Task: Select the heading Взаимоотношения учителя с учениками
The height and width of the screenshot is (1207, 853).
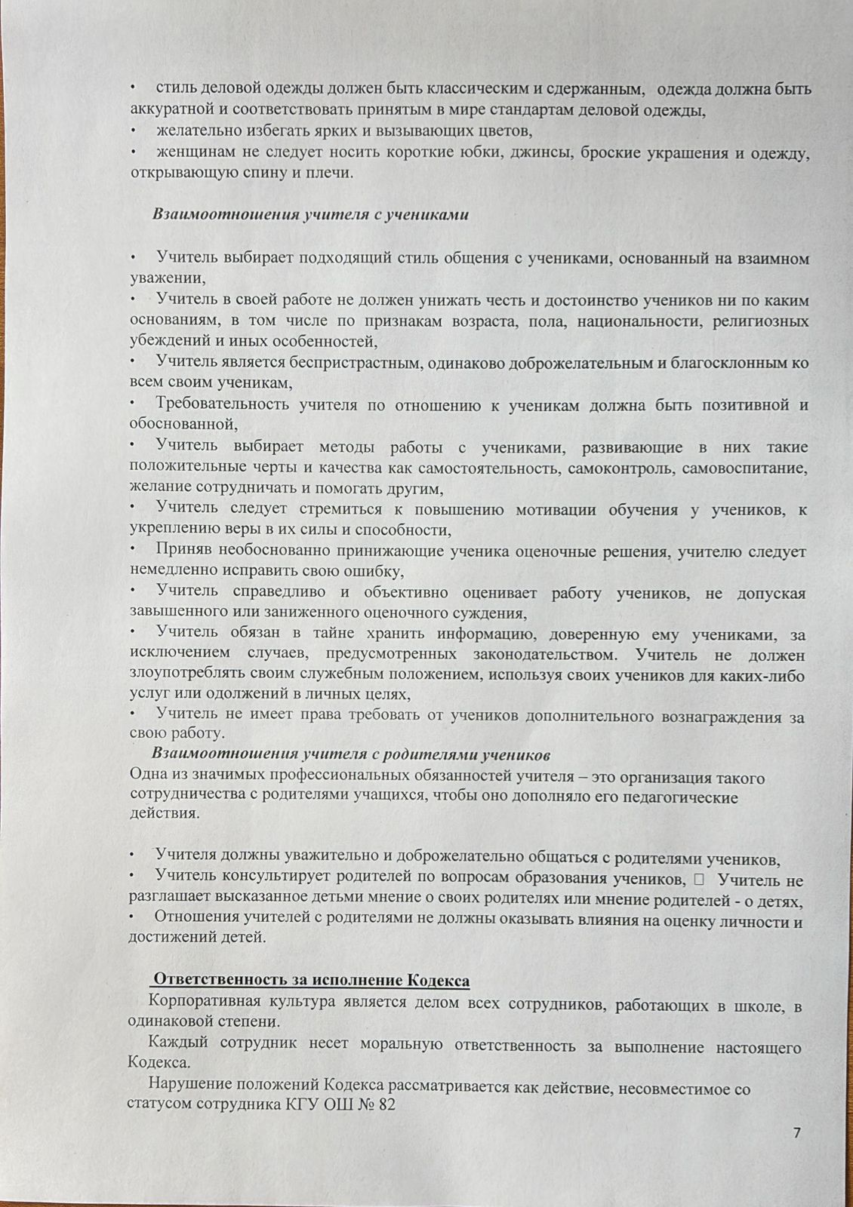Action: point(310,214)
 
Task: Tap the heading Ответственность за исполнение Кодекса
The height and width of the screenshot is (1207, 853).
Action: point(310,981)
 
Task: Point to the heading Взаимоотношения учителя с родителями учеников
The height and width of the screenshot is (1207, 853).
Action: point(351,754)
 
